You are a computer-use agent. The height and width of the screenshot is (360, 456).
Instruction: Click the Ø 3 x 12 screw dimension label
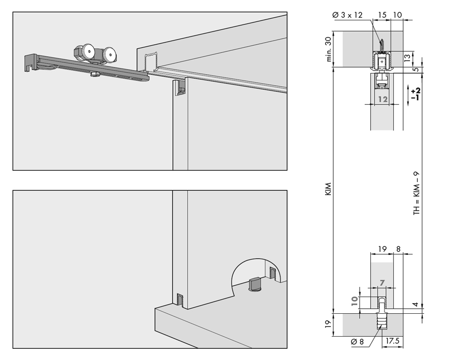tap(347, 15)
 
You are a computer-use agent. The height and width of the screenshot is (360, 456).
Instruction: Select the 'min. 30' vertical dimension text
tap(329, 50)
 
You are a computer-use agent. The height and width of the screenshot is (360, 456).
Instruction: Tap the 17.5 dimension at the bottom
tap(392, 341)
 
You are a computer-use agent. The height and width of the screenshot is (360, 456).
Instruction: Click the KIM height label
tap(328, 189)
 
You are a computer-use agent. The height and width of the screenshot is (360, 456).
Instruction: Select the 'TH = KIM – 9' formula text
tap(416, 193)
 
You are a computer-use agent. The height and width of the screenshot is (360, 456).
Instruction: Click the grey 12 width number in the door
tap(382, 100)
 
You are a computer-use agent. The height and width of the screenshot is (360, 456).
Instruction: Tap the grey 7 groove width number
tap(382, 282)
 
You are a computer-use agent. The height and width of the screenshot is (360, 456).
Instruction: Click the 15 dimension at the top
tap(382, 15)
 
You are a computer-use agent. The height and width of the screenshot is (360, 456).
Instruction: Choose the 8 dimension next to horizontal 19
tap(398, 249)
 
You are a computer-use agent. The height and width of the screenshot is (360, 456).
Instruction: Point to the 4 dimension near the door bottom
tap(415, 305)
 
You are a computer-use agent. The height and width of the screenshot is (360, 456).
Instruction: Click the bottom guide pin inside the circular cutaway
tap(254, 283)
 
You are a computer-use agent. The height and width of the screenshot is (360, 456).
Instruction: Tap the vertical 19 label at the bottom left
tap(328, 324)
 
